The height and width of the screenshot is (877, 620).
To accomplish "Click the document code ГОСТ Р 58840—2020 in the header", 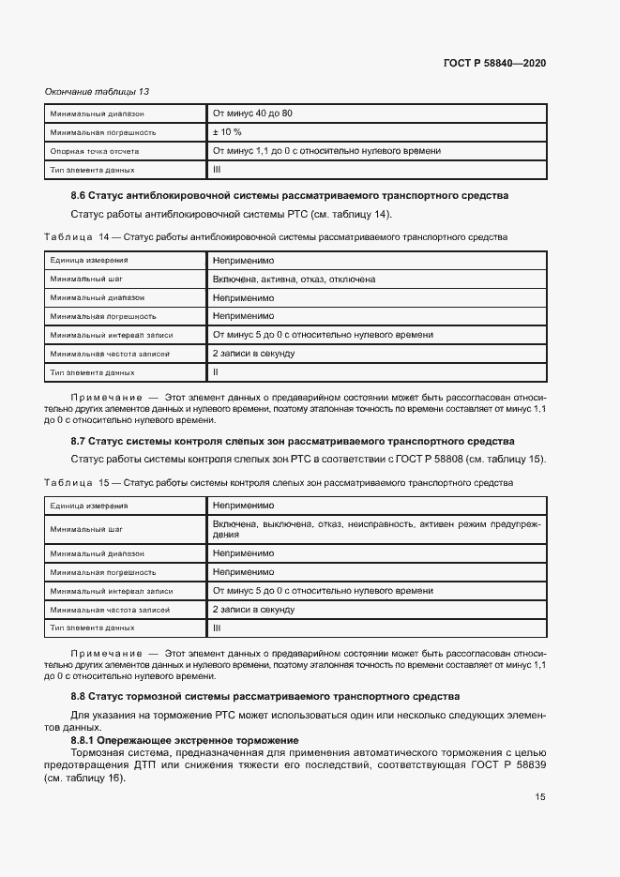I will click(494, 63).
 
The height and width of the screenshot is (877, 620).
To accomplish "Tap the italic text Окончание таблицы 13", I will click(98, 91).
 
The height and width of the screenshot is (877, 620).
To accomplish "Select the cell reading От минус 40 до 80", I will click(252, 113).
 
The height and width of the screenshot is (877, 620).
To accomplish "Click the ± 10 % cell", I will click(228, 132).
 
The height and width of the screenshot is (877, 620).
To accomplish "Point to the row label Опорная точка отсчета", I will click(95, 151).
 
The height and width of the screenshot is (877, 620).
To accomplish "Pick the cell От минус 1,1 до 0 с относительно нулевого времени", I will click(326, 151).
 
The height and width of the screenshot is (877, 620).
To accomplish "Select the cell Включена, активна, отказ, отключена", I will click(294, 279).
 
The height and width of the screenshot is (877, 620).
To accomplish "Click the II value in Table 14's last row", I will click(216, 372).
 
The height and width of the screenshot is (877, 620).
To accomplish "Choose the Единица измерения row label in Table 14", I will click(90, 260).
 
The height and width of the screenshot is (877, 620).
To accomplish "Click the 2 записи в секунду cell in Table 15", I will click(253, 609).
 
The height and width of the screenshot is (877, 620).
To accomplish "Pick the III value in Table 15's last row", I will click(217, 628).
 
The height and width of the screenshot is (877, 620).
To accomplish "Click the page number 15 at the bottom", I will click(540, 797).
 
